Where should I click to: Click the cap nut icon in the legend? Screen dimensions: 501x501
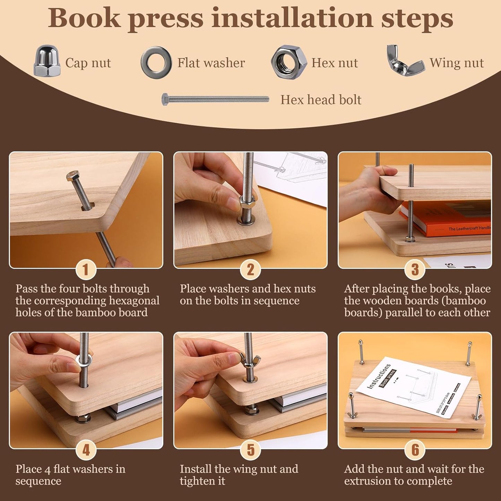47,61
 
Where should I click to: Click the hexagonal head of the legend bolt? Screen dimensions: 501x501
165,99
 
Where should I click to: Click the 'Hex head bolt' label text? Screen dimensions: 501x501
321,100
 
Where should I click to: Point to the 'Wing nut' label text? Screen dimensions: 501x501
457,63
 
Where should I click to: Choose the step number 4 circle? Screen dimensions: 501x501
86,450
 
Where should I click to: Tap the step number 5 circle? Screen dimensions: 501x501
251,450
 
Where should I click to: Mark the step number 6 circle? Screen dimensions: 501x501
415,450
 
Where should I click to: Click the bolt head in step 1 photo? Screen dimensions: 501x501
71,176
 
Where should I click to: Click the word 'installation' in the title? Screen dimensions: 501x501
293,18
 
